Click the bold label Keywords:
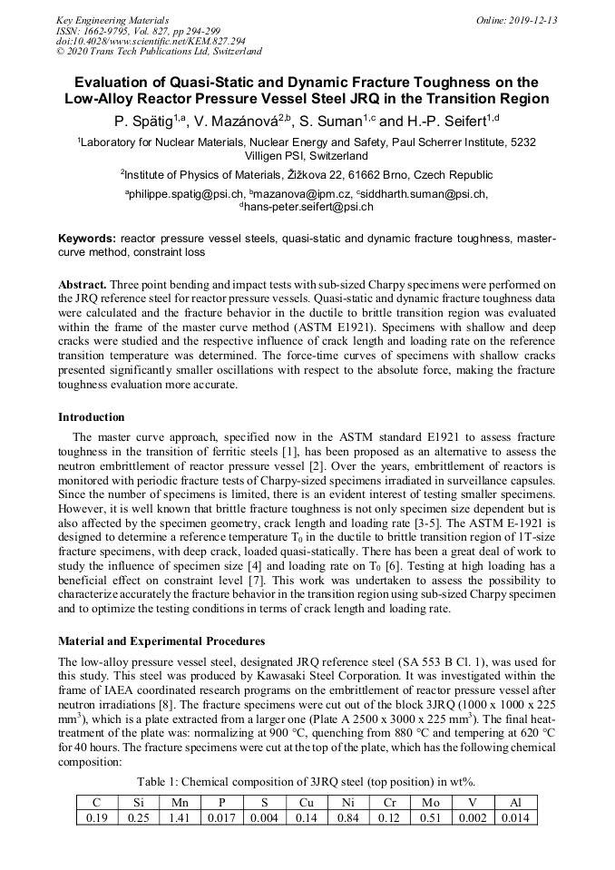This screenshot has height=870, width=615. click(87, 239)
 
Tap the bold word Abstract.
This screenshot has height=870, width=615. click(83, 284)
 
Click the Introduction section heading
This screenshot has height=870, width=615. click(92, 417)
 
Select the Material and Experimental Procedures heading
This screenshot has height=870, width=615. click(161, 641)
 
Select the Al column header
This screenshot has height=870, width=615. click(515, 802)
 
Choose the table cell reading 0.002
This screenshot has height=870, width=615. click(473, 817)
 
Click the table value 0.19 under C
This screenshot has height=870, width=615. click(96, 817)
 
